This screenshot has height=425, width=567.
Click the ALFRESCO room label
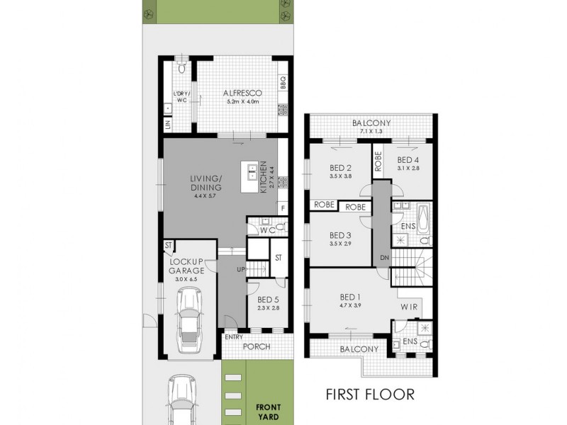click(x=244, y=93)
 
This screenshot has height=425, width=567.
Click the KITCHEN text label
click(x=262, y=177)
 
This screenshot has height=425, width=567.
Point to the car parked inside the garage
click(x=189, y=325)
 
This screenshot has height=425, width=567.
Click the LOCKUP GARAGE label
click(x=186, y=266)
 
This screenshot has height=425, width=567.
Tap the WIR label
click(x=410, y=307)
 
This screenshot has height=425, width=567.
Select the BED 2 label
click(x=342, y=168)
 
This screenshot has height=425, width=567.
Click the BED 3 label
click(x=342, y=236)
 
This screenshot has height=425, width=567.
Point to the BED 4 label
click(x=409, y=160)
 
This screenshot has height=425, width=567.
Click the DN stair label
click(x=385, y=257)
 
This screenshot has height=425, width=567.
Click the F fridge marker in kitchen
click(x=283, y=208)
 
